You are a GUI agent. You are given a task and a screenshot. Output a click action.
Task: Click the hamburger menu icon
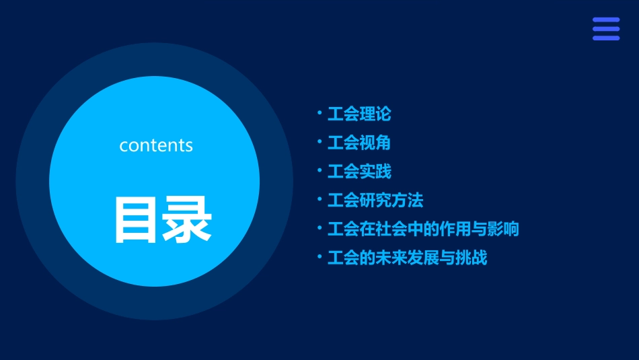605,29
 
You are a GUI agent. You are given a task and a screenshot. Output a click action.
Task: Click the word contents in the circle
156,145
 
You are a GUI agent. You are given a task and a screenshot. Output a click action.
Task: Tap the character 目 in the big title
137,220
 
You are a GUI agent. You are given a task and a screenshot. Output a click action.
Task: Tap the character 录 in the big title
188,220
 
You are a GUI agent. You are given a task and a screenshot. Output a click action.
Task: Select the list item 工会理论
359,114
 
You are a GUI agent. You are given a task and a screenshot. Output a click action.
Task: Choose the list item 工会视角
359,143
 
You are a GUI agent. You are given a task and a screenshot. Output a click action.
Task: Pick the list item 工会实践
359,172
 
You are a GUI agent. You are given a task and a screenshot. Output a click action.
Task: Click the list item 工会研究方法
375,201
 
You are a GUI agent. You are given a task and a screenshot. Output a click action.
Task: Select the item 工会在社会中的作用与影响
423,229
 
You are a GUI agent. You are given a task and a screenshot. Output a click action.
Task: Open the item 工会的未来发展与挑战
407,258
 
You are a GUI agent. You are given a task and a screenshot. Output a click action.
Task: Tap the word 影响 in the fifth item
503,229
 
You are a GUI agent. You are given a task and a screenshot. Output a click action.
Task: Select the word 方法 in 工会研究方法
408,201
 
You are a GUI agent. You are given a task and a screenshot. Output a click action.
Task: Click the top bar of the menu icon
605,20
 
